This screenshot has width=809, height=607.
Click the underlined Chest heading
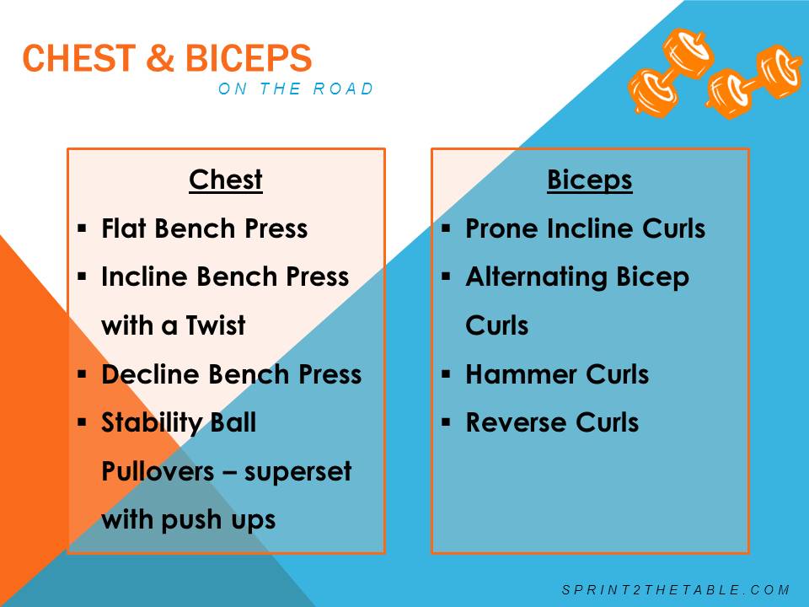coord(226,180)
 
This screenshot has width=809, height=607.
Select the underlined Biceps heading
coord(590,180)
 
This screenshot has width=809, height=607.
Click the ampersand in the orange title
coord(160,57)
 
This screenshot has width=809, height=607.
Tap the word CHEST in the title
coord(79,57)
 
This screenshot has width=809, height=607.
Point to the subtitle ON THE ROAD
coord(296,89)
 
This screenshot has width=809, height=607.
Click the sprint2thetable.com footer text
coord(676,589)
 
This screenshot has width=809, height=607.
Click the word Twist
coord(216,325)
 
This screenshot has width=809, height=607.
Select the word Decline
coord(150,373)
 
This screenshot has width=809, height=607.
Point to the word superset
coord(297,472)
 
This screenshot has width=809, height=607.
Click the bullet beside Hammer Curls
coord(447,373)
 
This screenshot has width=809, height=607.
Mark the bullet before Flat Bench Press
coord(82,228)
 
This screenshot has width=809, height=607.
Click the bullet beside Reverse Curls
coord(447,422)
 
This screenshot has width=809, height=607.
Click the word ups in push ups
coord(254,521)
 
